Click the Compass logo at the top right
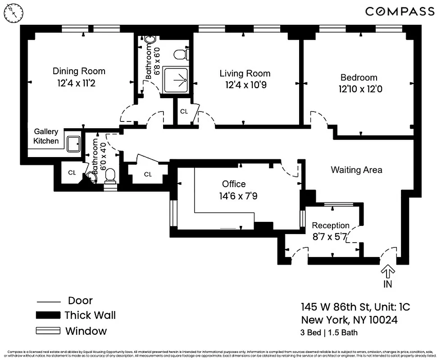coord(400,12)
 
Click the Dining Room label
coord(79,71)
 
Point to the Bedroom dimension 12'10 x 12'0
coord(360,89)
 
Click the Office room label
coord(234,184)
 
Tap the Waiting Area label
coord(356,170)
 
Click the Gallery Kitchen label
coord(46,136)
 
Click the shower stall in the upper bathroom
coord(177,81)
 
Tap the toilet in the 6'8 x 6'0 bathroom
coord(181,55)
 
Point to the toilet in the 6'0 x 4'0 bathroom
coord(110,175)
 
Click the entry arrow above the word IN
coord(388,271)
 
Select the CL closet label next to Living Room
coord(184,111)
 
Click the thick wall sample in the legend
coord(48,315)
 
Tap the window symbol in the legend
coord(48,331)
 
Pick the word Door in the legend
coord(80,301)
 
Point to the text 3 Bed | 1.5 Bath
coord(329,333)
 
